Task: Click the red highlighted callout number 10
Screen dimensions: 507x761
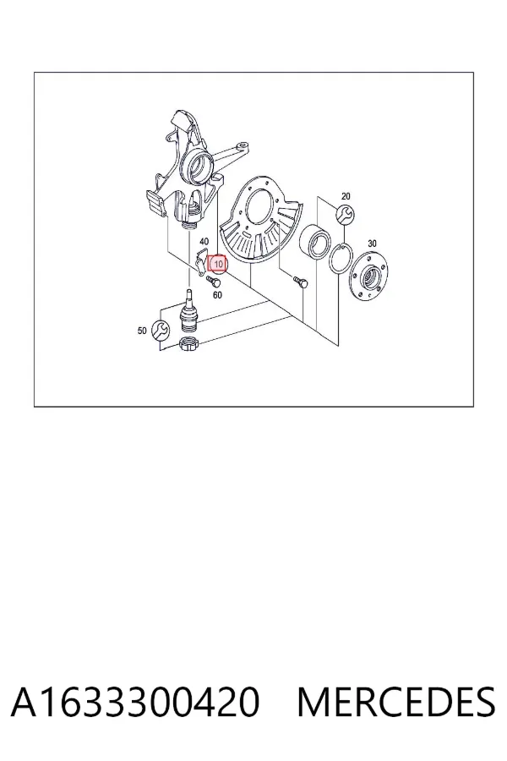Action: tap(218, 264)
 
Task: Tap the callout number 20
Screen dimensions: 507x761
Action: tap(346, 196)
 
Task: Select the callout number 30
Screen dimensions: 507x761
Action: tap(372, 244)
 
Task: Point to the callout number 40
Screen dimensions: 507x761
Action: tap(204, 241)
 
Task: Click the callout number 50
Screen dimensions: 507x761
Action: tap(142, 331)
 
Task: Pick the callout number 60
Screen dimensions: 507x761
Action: tap(217, 294)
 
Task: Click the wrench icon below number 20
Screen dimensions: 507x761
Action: tap(346, 214)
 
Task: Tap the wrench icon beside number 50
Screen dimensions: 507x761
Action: tap(160, 330)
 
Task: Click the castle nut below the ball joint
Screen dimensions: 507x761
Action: tap(188, 343)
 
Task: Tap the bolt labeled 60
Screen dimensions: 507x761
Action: tap(212, 281)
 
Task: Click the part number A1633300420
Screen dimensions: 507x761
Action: tap(135, 702)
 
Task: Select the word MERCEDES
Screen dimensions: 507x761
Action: tap(396, 702)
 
